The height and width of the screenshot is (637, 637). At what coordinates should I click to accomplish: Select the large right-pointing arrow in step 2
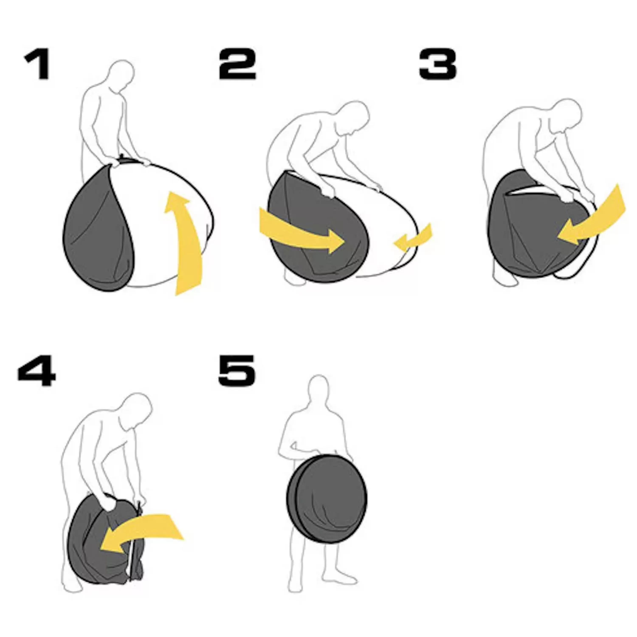(302, 231)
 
